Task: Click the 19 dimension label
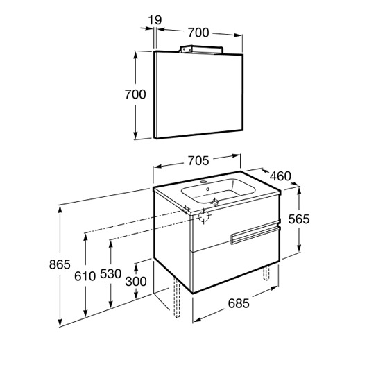coord(155,20)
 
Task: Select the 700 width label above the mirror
coord(198,33)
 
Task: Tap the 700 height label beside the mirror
coord(135,94)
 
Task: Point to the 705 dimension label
coord(198,161)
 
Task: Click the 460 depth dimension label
coord(280,176)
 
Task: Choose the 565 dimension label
coord(299,219)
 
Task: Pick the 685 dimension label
coord(239,303)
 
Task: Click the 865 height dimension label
coord(60,264)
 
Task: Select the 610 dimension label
coord(85,276)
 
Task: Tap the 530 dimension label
coord(111,274)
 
